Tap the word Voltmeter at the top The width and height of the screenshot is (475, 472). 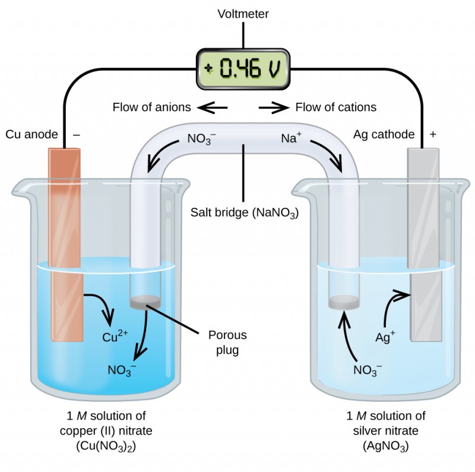coord(242,13)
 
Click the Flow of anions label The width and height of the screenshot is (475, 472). coord(151,107)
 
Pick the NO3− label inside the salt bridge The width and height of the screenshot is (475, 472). coord(201,140)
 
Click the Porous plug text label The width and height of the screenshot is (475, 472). coord(227,343)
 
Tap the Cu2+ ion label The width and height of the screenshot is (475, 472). coord(115,337)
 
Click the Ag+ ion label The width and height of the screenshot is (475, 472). coord(385,337)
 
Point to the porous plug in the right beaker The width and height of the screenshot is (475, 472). coord(345,302)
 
